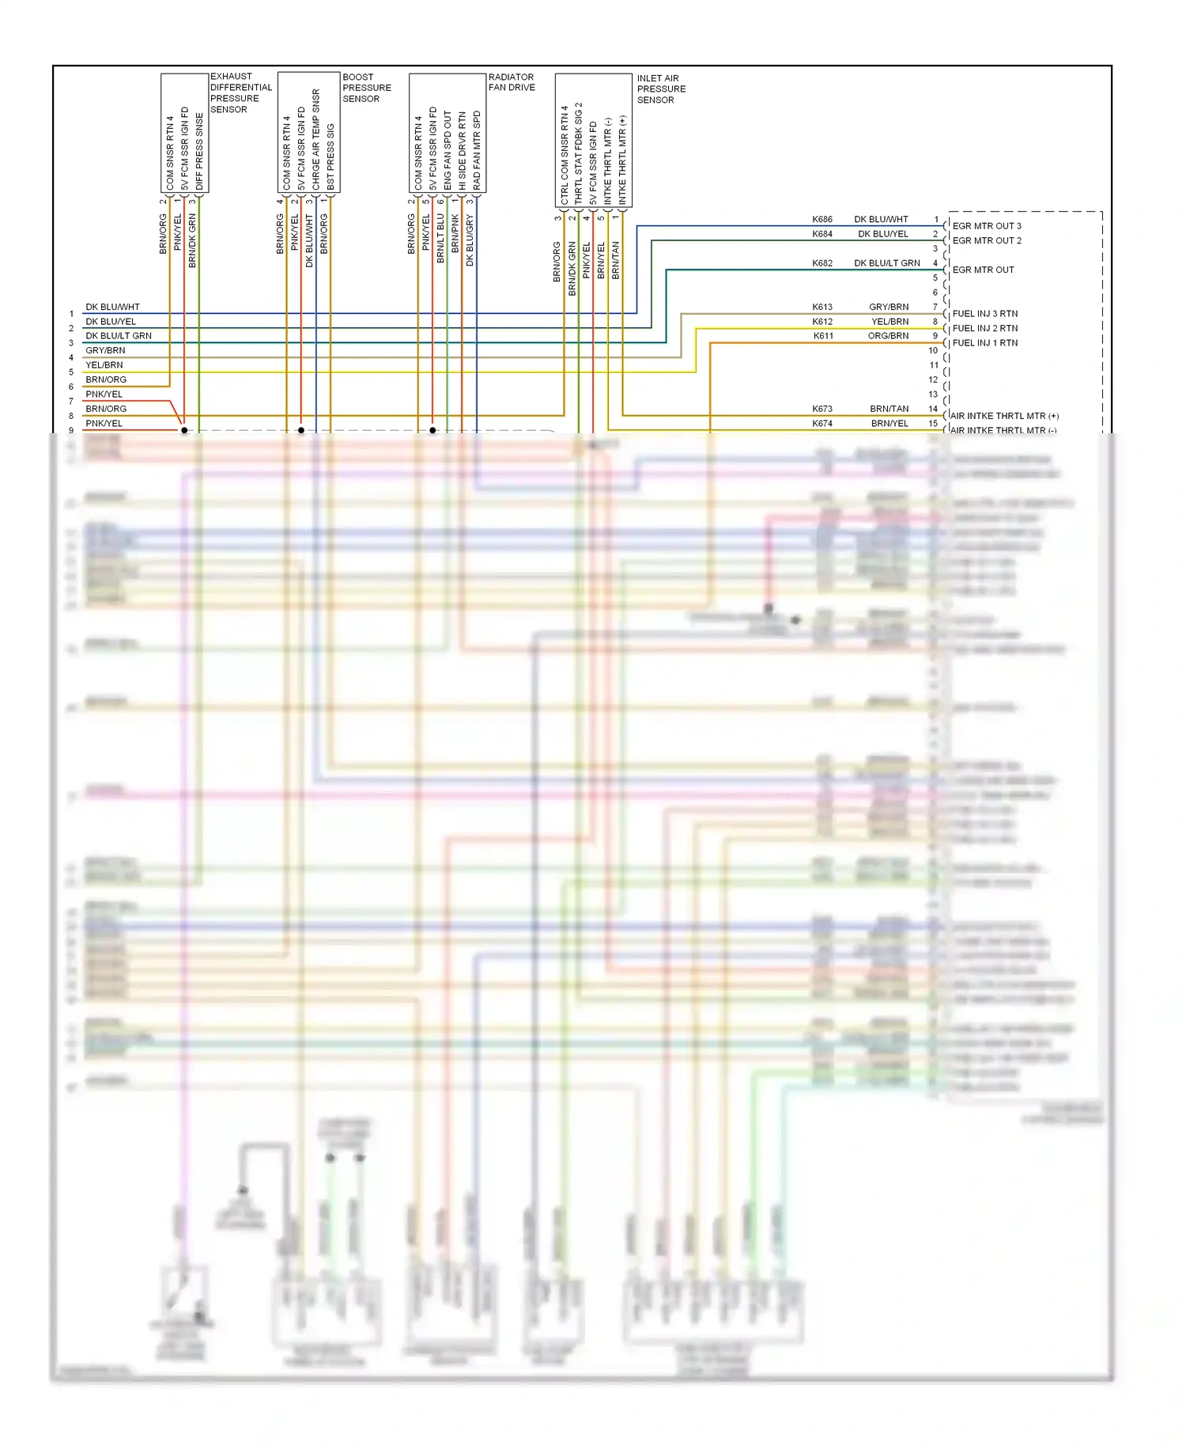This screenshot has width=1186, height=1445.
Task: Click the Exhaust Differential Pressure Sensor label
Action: pyautogui.click(x=240, y=93)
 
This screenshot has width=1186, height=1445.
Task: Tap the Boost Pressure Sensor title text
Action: pyautogui.click(x=366, y=88)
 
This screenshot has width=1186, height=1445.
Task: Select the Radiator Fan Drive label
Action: pyautogui.click(x=512, y=82)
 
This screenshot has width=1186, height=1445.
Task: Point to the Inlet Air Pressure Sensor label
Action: pyautogui.click(x=661, y=89)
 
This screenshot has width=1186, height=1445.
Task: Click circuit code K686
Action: pyautogui.click(x=822, y=220)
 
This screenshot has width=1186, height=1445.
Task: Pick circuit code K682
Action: pyautogui.click(x=822, y=263)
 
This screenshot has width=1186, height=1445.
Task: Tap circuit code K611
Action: pyautogui.click(x=823, y=336)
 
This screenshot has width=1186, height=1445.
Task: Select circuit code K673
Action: pyautogui.click(x=822, y=409)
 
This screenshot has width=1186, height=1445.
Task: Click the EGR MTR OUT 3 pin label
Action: pyautogui.click(x=987, y=226)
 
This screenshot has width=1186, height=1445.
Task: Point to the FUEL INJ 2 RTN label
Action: pyautogui.click(x=985, y=328)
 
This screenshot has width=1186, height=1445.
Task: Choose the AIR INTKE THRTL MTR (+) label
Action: pyautogui.click(x=1004, y=416)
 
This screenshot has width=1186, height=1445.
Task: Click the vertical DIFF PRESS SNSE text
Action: pyautogui.click(x=199, y=151)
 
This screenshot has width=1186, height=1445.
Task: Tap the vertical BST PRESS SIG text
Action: pyautogui.click(x=330, y=157)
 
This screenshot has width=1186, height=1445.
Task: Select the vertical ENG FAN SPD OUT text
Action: pyautogui.click(x=448, y=150)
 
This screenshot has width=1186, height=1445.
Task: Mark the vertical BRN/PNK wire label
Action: pyautogui.click(x=455, y=234)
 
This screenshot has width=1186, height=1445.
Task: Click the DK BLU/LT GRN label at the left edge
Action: pyautogui.click(x=119, y=336)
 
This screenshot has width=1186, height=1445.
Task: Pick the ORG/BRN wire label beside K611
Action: pyautogui.click(x=888, y=336)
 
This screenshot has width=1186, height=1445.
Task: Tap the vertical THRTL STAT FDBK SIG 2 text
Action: pyautogui.click(x=579, y=153)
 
